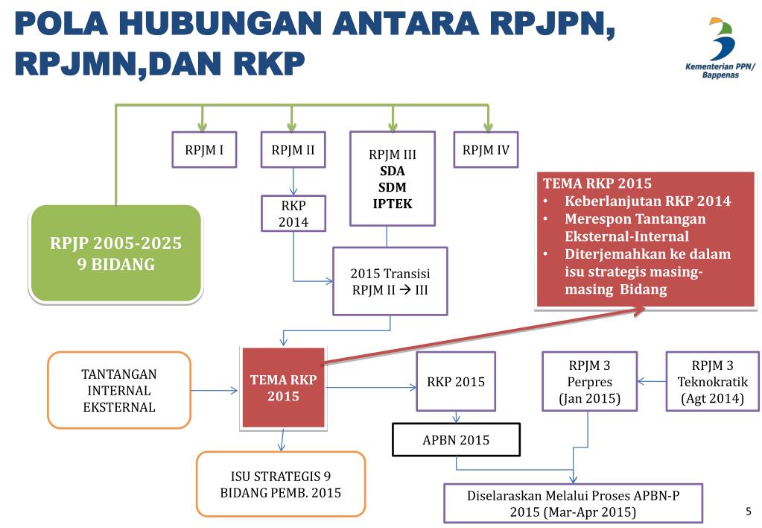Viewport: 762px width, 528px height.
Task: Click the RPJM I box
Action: [x=204, y=150]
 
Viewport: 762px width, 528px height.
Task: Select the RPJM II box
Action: [x=293, y=150]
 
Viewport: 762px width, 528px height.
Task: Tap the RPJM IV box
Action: [x=486, y=150]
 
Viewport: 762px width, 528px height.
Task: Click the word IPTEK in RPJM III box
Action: [x=393, y=204]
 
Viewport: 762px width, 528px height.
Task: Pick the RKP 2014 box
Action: [x=293, y=213]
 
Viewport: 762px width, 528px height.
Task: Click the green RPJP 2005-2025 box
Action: [x=115, y=254]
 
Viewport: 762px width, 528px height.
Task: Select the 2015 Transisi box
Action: [x=390, y=282]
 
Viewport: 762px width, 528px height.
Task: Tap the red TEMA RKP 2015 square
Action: [x=283, y=388]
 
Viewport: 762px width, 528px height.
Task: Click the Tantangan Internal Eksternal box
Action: [x=119, y=390]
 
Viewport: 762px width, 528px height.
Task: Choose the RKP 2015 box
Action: [x=455, y=382]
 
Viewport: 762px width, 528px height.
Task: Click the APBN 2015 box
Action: [x=456, y=440]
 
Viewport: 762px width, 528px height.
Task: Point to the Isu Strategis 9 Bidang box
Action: [x=280, y=484]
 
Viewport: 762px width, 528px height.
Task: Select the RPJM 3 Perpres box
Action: [x=589, y=382]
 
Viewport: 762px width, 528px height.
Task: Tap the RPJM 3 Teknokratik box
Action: [x=712, y=382]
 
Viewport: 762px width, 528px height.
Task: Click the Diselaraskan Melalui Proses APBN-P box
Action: [x=573, y=503]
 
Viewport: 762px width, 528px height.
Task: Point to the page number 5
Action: [x=749, y=511]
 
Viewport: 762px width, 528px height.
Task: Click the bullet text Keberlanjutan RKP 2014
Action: [x=647, y=201]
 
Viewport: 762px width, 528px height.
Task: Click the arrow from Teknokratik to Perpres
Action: [x=652, y=382]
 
